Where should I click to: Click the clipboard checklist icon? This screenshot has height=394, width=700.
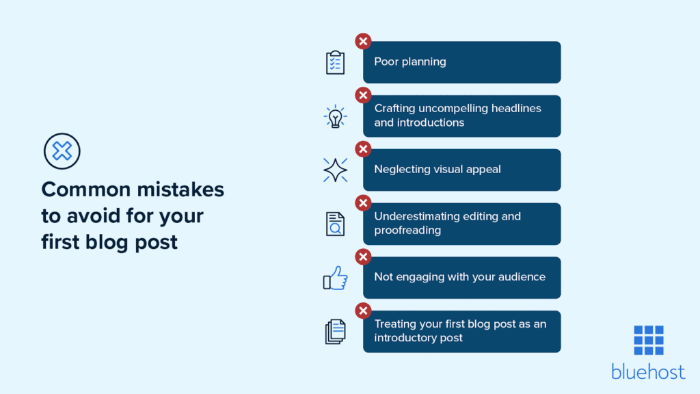(x=335, y=62)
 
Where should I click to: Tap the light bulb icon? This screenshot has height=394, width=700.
(x=335, y=116)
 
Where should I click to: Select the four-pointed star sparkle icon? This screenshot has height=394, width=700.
(x=335, y=170)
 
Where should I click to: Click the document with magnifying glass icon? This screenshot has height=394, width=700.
(x=335, y=224)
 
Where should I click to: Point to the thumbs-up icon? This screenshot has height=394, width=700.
(x=335, y=278)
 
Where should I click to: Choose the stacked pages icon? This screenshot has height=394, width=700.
(x=335, y=332)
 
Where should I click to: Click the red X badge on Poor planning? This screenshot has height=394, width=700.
(x=363, y=41)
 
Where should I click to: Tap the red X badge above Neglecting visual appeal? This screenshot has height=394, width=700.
(x=363, y=149)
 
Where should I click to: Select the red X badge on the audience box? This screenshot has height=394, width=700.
(x=363, y=257)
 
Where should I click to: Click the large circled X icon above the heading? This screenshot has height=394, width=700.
(x=62, y=151)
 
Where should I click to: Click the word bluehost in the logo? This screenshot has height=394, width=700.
(x=648, y=371)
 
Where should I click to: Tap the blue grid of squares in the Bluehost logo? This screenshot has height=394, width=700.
(x=648, y=340)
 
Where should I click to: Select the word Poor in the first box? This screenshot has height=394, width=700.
(x=386, y=62)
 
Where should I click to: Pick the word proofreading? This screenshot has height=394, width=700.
(x=407, y=231)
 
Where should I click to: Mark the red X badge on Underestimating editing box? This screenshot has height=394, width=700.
(x=363, y=203)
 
